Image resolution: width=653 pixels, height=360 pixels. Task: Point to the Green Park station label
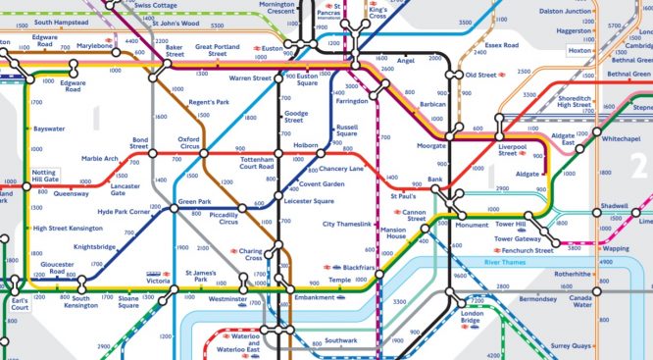tap(195, 202)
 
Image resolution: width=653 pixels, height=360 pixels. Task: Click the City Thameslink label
tap(349, 225)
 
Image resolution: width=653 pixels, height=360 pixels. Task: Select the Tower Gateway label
tap(517, 238)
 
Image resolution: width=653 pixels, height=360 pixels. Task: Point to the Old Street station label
tap(481, 75)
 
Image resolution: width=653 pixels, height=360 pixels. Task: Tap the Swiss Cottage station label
tap(155, 5)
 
